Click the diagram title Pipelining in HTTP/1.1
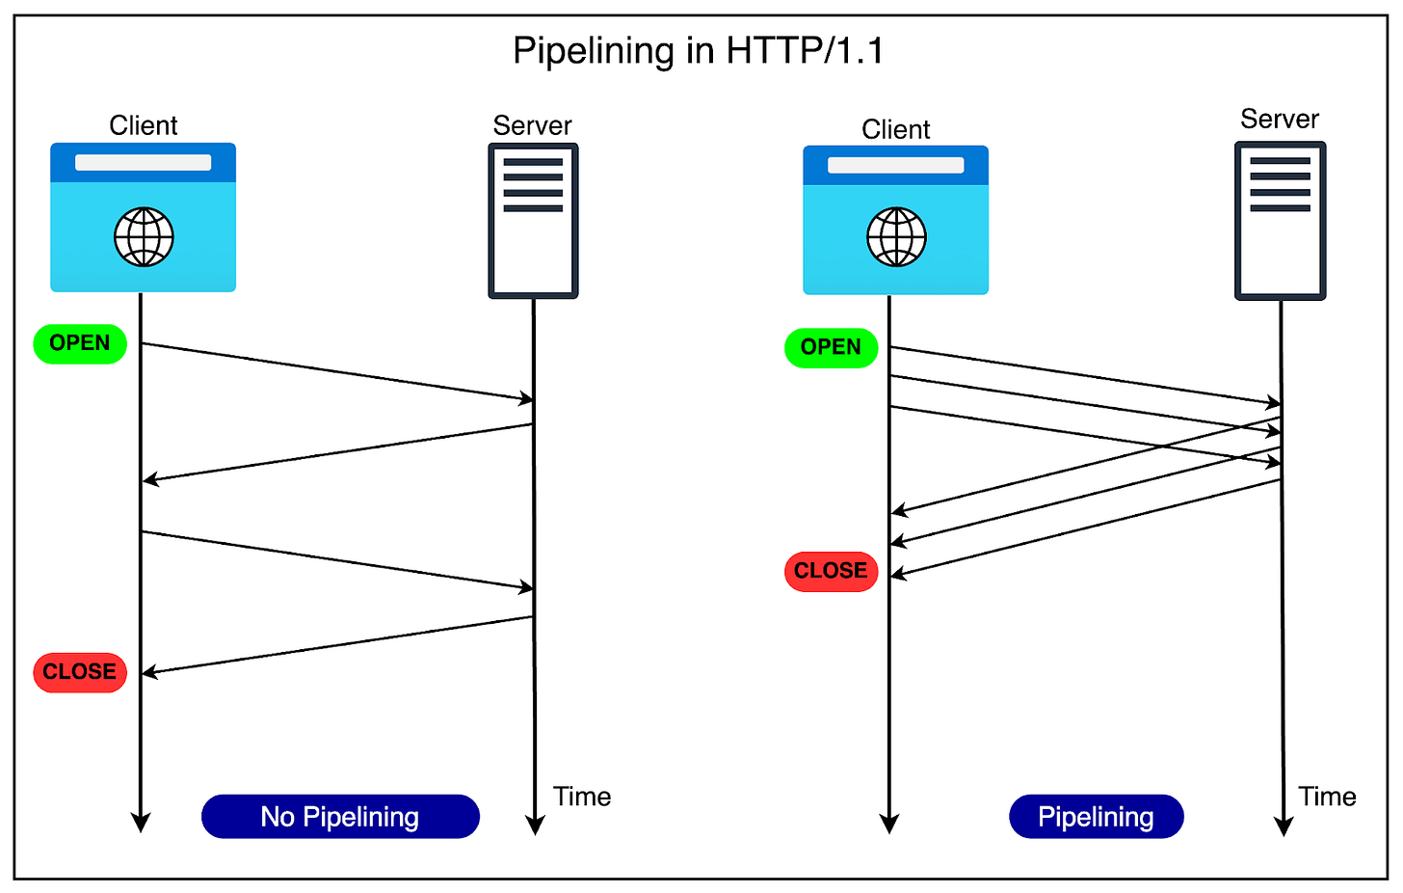point(698,50)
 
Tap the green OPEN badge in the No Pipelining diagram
point(80,344)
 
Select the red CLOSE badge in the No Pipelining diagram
point(80,672)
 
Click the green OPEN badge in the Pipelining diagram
point(831,348)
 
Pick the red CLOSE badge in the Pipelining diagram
point(831,571)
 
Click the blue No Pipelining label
point(340,817)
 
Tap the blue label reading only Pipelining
point(1096,817)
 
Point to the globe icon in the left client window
point(144,237)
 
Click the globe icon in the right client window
point(896,237)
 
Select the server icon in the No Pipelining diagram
point(533,221)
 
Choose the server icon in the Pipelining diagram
point(1280,221)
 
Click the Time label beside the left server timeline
point(582,797)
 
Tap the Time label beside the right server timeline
point(1327,797)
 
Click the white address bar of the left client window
point(144,163)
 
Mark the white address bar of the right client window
point(896,165)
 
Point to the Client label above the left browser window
point(144,125)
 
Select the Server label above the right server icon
point(1280,119)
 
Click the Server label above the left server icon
point(532,125)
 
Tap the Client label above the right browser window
point(896,129)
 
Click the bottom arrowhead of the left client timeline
point(141,822)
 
